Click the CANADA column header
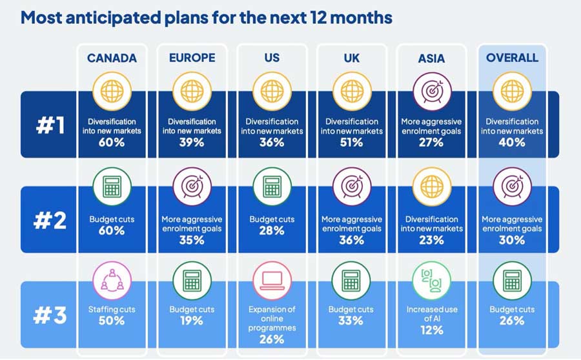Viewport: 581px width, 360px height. point(112,58)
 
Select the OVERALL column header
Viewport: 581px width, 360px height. point(512,58)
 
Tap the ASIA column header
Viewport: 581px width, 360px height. point(431,58)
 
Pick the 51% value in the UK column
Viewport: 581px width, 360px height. point(352,143)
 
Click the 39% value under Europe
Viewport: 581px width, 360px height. point(192,143)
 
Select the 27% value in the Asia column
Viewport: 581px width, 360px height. point(431,143)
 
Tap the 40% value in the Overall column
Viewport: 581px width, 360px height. point(512,143)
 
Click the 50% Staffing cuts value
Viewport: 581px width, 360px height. point(112,321)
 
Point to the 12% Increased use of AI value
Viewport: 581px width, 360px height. point(431,330)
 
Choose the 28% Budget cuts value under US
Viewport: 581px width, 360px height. point(272,231)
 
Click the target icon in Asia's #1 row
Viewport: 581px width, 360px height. point(431,92)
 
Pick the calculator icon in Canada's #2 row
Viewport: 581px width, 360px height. point(112,187)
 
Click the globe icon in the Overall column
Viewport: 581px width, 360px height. point(512,92)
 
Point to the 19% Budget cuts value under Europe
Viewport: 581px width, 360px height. point(192,321)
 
